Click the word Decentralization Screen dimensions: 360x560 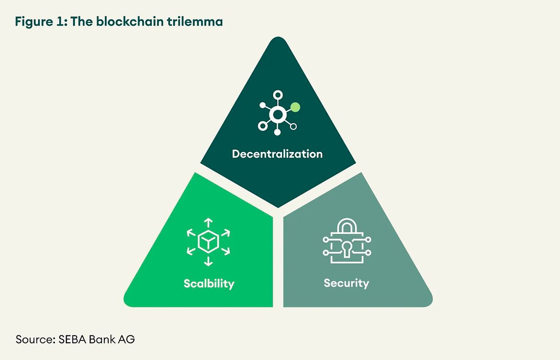click(277, 154)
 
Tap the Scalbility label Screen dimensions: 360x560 click(209, 284)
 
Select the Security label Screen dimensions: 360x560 click(346, 283)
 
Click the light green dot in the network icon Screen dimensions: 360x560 click(295, 107)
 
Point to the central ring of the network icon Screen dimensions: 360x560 click(277, 115)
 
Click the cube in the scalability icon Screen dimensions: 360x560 click(208, 242)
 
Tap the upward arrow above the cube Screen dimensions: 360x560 click(208, 223)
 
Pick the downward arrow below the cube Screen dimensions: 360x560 click(208, 261)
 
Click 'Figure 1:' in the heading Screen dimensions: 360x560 click(41, 22)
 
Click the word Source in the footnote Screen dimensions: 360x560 click(33, 339)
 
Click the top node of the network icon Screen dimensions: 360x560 click(277, 95)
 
